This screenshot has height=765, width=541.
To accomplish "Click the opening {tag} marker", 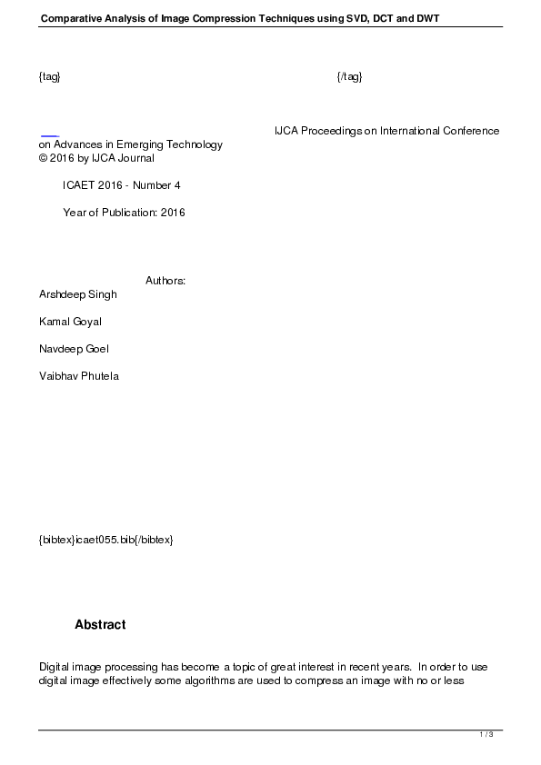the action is tap(50, 76).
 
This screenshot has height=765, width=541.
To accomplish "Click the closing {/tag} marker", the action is tap(349, 76).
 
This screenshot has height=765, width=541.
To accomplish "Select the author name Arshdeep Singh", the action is tap(78, 294).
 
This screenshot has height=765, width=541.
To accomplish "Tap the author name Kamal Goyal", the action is tap(70, 322).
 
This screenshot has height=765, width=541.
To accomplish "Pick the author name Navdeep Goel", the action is tap(74, 349).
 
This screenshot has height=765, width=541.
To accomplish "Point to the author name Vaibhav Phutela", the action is tap(78, 376).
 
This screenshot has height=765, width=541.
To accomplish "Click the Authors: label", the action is tap(165, 281).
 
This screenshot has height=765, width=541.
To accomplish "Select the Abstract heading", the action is tap(100, 625).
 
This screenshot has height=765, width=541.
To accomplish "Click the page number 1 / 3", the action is tap(486, 734).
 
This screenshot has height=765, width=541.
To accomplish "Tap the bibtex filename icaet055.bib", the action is tap(105, 540).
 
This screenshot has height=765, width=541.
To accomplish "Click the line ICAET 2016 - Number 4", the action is tap(122, 185).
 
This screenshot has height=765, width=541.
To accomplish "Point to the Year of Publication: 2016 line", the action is tap(124, 213).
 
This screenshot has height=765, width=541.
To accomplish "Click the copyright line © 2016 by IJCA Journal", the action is tap(96, 158).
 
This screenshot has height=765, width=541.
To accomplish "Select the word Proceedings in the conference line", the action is tap(332, 131).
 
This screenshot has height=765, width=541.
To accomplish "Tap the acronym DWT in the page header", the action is tap(426, 18).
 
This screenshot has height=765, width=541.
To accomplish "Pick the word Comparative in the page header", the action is tap(71, 18).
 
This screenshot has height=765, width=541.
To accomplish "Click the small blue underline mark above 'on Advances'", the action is tap(49, 136).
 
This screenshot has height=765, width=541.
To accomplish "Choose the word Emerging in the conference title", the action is tap(155, 144).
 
